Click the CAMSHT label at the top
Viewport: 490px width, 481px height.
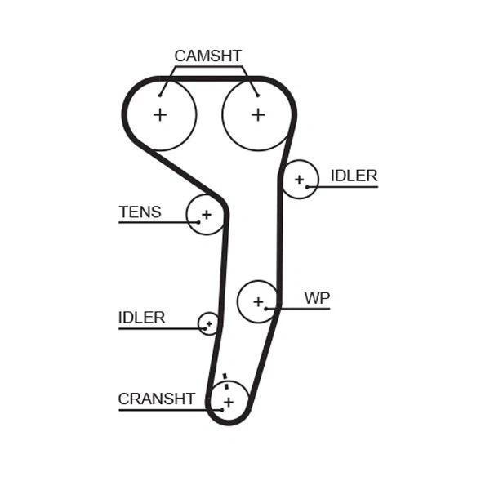click(x=207, y=56)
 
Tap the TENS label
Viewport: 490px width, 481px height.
click(x=140, y=212)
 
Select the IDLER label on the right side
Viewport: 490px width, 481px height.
click(x=354, y=176)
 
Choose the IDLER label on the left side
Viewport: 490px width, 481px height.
click(x=141, y=318)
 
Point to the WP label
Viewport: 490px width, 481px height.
click(x=317, y=298)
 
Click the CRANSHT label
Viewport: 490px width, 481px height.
click(x=156, y=399)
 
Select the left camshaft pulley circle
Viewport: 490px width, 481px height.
click(x=160, y=114)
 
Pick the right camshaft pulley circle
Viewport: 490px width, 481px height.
click(x=258, y=114)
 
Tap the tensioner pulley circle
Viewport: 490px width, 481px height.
click(x=206, y=215)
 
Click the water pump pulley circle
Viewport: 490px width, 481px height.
click(x=258, y=301)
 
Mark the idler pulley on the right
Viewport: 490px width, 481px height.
click(x=299, y=179)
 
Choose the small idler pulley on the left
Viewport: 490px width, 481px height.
click(x=209, y=323)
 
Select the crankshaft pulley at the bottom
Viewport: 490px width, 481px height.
click(x=229, y=401)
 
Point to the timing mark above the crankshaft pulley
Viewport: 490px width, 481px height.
click(x=225, y=379)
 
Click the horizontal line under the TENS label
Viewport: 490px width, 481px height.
click(x=155, y=222)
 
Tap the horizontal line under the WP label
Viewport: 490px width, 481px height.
click(x=302, y=309)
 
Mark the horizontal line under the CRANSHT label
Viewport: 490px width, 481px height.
click(x=163, y=409)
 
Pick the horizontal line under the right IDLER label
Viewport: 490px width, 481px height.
click(x=347, y=187)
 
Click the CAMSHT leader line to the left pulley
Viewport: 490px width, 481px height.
click(x=167, y=80)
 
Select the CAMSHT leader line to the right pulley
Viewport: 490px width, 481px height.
click(x=251, y=80)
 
